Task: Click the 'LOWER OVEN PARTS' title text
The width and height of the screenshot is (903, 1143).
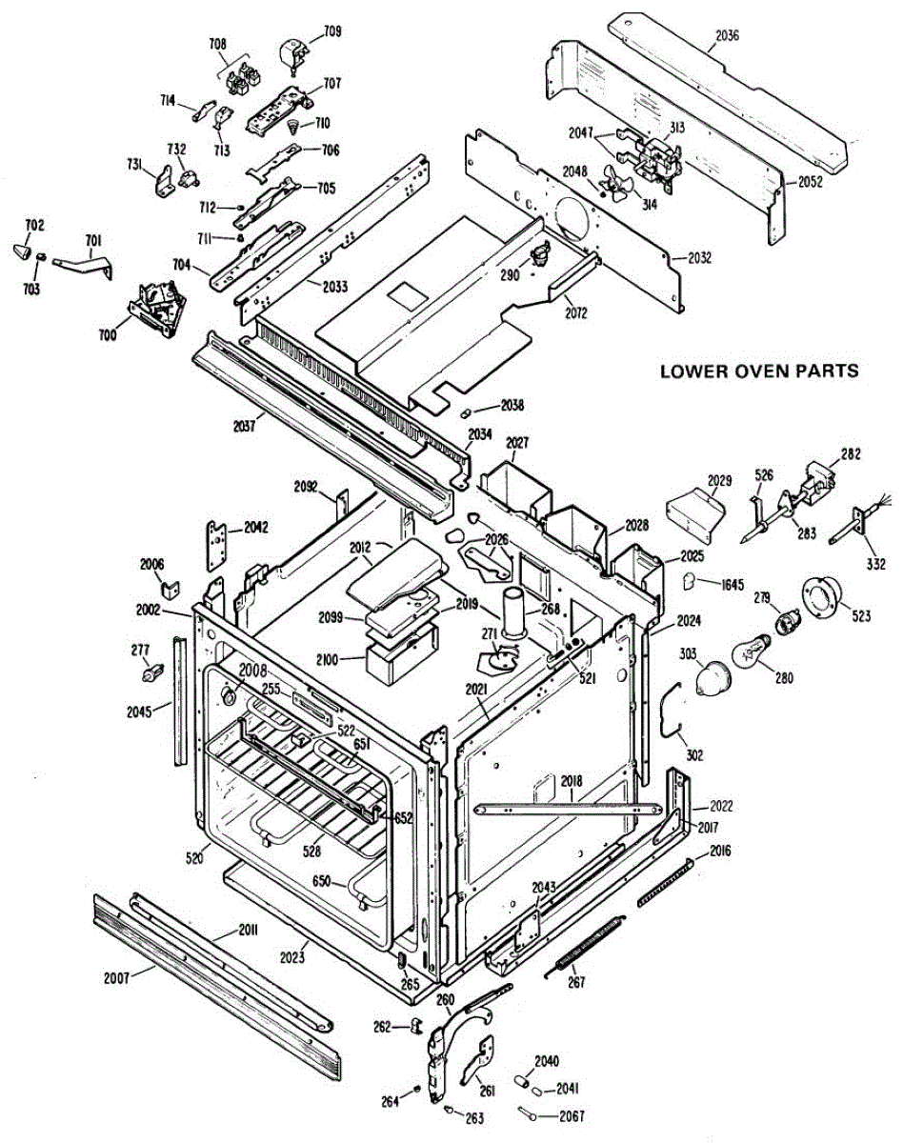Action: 759,371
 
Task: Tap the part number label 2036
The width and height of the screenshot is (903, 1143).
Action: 726,37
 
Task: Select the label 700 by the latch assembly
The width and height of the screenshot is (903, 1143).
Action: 108,334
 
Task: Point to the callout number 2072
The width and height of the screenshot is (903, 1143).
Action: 575,312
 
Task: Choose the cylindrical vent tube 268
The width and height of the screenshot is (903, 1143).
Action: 514,615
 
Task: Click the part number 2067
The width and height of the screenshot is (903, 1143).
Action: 572,1116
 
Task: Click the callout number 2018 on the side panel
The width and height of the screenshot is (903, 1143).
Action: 572,782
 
